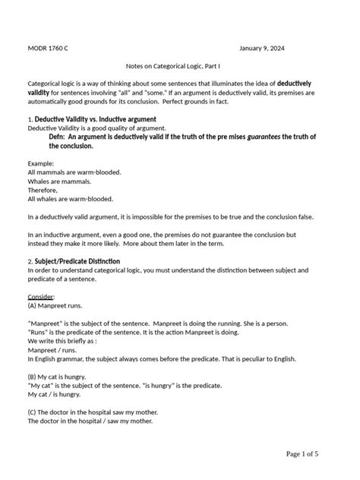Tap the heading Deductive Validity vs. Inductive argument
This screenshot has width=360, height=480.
pyautogui.click(x=95, y=119)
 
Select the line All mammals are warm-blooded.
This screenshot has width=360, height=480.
pyautogui.click(x=74, y=172)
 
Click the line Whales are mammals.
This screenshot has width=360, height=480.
pyautogui.click(x=59, y=182)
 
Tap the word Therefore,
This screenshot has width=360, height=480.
pyautogui.click(x=44, y=191)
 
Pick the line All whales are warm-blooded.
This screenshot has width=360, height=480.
pyautogui.click(x=70, y=199)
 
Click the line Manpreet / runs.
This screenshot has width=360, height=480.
pyautogui.click(x=54, y=349)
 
